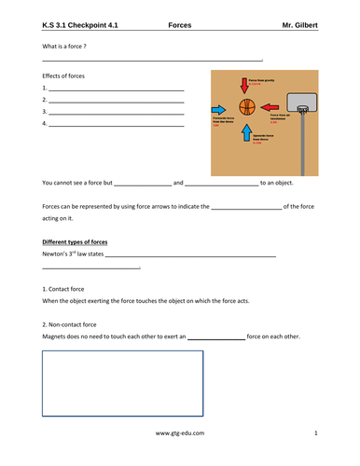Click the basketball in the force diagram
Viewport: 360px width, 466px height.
click(x=247, y=107)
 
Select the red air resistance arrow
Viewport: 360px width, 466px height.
click(x=267, y=107)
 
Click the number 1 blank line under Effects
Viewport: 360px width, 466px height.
click(x=116, y=88)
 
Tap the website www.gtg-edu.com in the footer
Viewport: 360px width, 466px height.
click(x=180, y=433)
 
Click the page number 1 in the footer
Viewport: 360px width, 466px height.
click(x=316, y=433)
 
